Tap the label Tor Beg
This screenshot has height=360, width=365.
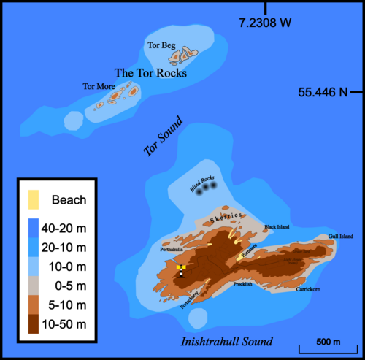pos(161,45)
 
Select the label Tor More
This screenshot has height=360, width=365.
pos(97,87)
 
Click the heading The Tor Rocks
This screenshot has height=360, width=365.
pos(151,73)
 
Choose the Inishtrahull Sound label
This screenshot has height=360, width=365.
pos(226,342)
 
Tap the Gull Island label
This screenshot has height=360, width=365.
pos(340,237)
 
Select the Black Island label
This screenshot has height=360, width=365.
pos(277,227)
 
